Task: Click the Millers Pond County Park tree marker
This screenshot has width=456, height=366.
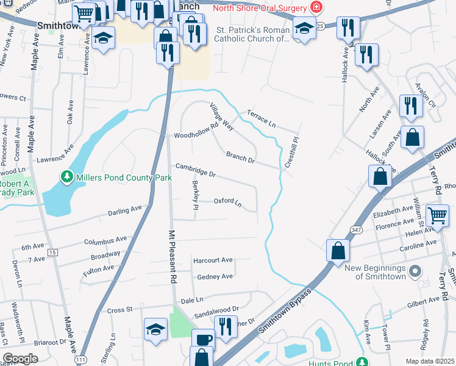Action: [66, 178]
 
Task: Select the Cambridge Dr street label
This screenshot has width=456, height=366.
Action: [196, 170]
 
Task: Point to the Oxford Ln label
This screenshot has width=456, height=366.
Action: [227, 202]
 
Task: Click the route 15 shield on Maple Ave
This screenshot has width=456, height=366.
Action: [52, 252]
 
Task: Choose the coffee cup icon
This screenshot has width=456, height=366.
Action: [203, 339]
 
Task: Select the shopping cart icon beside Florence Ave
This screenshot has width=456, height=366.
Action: [437, 215]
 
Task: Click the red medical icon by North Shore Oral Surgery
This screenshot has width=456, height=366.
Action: [316, 7]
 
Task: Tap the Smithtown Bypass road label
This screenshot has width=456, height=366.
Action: [284, 311]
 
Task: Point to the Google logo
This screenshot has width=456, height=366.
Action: [20, 359]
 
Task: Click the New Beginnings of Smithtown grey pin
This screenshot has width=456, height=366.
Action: [415, 270]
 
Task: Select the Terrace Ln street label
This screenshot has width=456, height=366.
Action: [262, 118]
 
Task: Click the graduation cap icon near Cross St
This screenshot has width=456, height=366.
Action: [156, 329]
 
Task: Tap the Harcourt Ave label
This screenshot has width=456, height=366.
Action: [213, 260]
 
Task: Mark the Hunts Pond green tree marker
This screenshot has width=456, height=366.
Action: [363, 362]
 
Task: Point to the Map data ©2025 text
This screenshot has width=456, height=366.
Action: [429, 361]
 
